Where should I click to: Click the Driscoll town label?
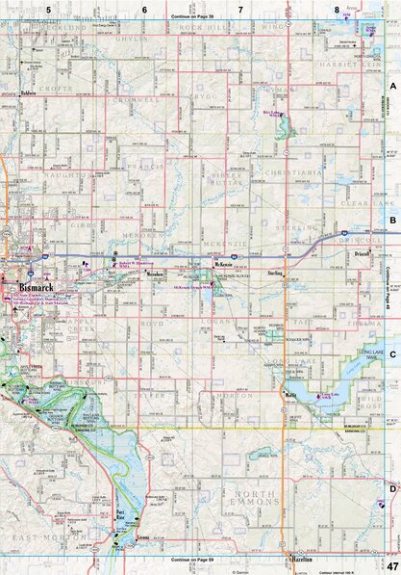362,254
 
